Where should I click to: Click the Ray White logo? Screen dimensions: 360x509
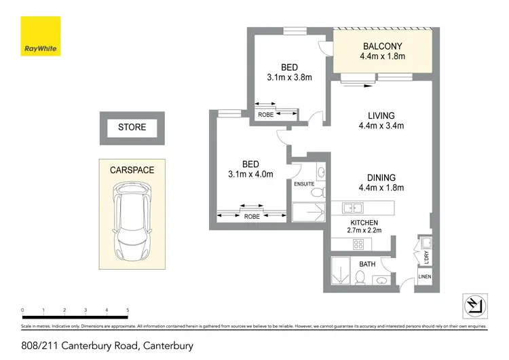[x=40, y=37]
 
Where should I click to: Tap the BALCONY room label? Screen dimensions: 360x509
[x=382, y=46]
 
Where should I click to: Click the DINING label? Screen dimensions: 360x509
[x=381, y=178]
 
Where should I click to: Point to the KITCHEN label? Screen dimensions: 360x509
[x=364, y=223]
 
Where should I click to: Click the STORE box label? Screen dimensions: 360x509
[x=132, y=127]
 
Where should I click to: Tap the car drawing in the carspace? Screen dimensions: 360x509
[x=132, y=221]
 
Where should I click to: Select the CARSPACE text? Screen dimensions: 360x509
[x=132, y=170]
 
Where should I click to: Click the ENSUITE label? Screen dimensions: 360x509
[x=303, y=184]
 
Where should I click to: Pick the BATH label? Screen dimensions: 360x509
[x=367, y=264]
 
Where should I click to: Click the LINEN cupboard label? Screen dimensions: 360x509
[x=425, y=276]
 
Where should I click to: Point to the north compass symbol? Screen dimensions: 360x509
[x=474, y=305]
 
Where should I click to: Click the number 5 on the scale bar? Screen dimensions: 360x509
[x=128, y=310]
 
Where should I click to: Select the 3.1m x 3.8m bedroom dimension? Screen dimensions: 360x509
[x=289, y=77]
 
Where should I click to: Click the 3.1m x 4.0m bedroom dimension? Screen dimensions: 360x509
[x=251, y=174]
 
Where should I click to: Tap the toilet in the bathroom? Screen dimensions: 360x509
[x=361, y=278]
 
